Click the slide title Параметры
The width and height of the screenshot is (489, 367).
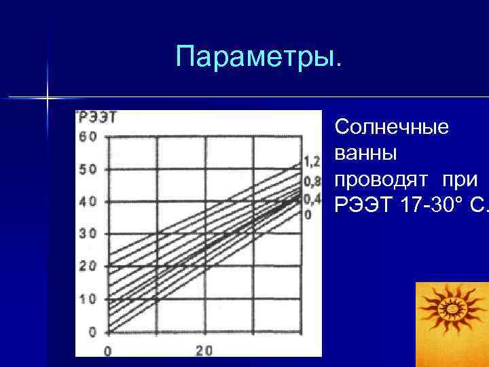point(259,57)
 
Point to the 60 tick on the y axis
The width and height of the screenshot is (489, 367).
point(88,136)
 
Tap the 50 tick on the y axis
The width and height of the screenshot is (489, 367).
point(88,169)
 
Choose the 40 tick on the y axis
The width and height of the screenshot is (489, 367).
point(88,202)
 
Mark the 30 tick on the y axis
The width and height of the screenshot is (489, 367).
point(88,234)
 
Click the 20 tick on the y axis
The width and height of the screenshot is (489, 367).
point(88,266)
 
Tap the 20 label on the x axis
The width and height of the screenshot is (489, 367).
point(204,351)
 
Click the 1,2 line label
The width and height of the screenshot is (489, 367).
point(311,162)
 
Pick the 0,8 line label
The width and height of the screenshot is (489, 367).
point(311,181)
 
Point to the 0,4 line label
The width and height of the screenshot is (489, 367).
point(311,198)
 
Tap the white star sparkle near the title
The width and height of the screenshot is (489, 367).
point(48,98)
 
